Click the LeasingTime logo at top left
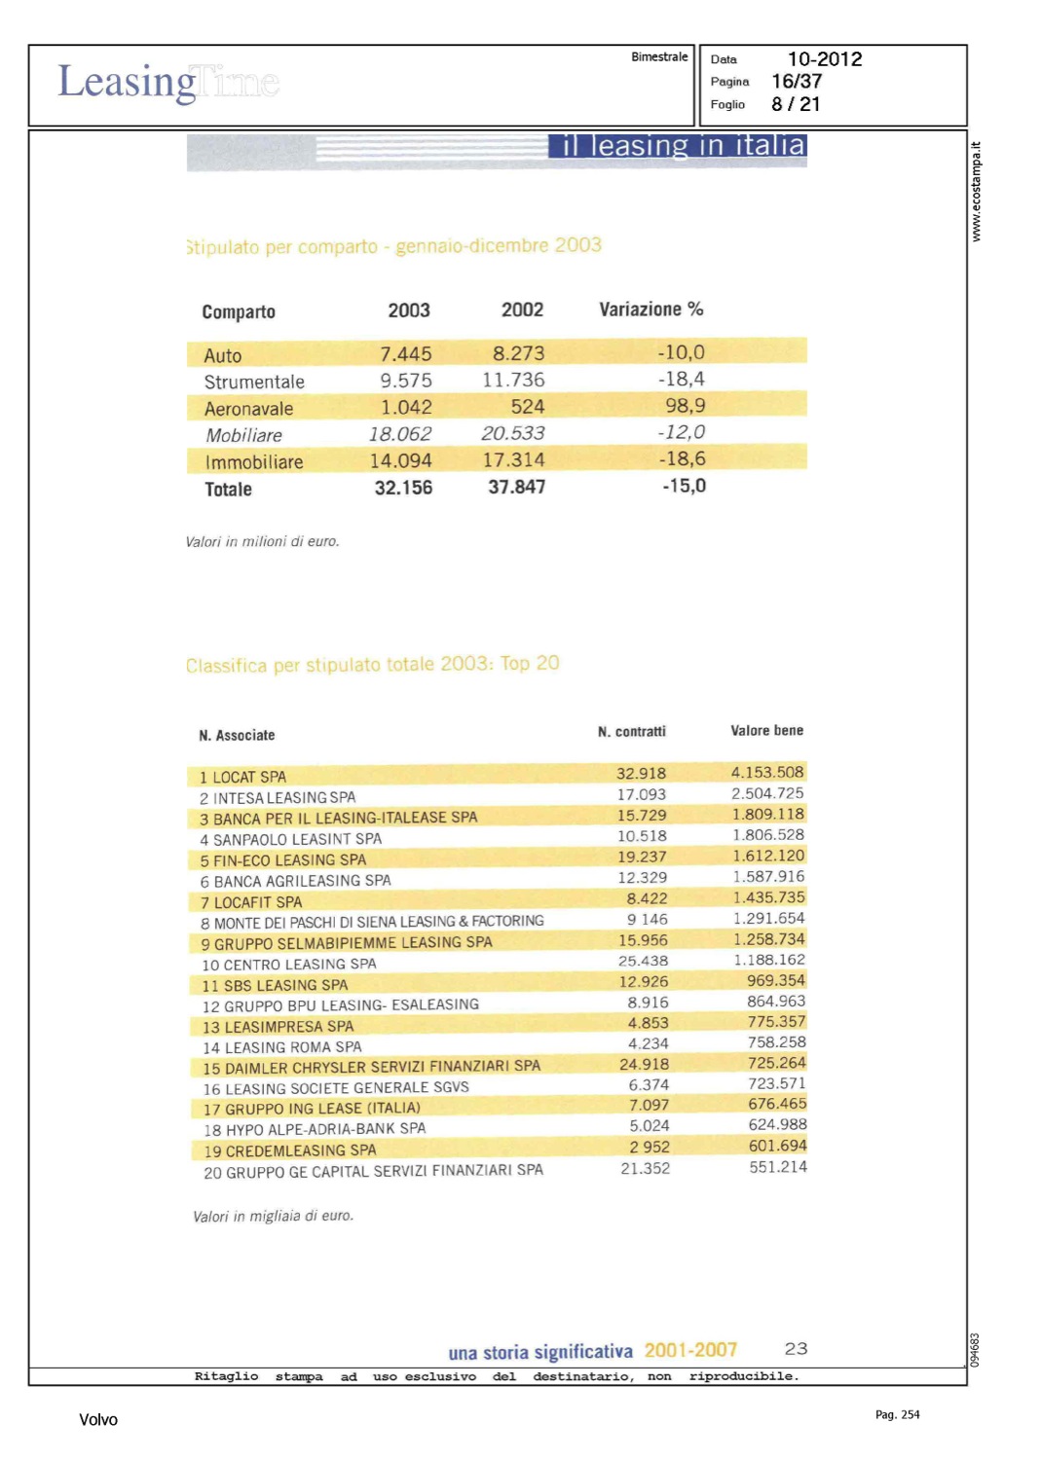pos(167,82)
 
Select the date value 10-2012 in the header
pos(824,59)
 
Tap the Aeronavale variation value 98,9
pos(685,406)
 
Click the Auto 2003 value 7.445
pos(405,354)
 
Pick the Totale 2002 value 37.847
pos(516,487)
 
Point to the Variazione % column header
pos(651,310)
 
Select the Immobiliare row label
pos(254,462)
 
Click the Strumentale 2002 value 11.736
pos(513,381)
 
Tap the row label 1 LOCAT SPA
pos(242,777)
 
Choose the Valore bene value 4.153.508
pos(767,773)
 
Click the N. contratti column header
pos(631,732)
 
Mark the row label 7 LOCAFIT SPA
pos(251,902)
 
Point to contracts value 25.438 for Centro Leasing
pos(643,961)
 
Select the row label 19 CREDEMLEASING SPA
pos(289,1150)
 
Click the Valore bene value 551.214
pos(777,1167)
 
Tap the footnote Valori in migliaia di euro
pos(273,1217)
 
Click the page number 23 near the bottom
pos(796,1349)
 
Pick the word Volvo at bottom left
pos(98,1420)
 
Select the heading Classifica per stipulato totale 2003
pos(372,665)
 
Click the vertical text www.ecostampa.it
pos(976,192)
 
